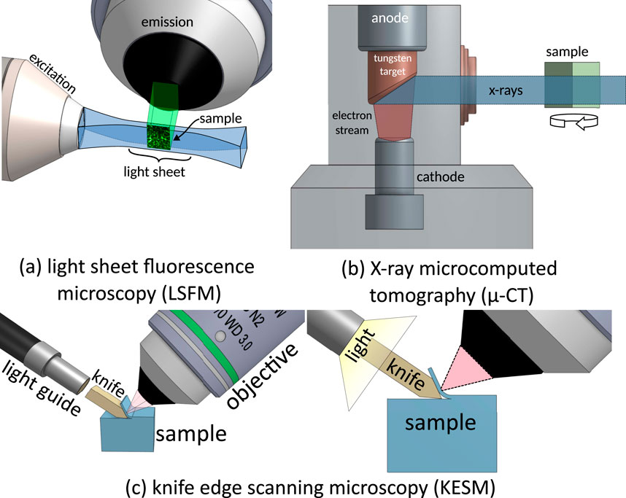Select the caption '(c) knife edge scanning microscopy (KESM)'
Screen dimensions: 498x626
pos(312,483)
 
